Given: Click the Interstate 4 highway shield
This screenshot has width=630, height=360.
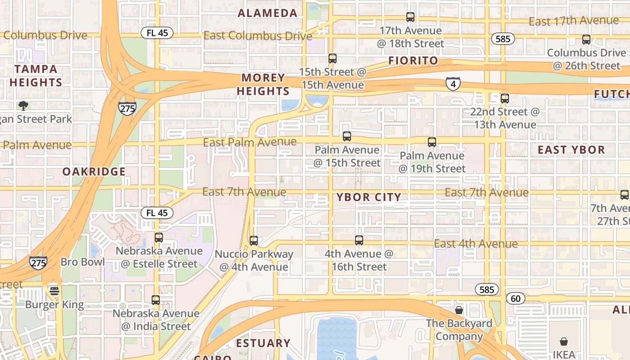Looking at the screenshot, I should pos(453,84).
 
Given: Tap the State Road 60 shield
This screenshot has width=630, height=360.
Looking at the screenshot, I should pos(516,298).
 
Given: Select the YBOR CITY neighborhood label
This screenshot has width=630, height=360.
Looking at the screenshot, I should pos(369,197).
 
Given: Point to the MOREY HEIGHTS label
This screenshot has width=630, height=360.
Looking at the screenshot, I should pos(263,85).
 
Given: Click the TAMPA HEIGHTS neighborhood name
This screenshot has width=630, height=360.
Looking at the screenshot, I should pos(36,76).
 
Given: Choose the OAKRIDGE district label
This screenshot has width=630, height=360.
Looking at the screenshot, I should pos(94,171).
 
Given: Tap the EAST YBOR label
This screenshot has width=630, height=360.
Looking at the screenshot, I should pos(571,150).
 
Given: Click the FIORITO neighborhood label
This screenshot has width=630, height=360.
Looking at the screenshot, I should pos(413,61).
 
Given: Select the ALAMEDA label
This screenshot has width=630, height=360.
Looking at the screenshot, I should pos(268,13).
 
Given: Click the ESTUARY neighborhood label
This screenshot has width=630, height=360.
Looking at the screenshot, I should pos(263,343).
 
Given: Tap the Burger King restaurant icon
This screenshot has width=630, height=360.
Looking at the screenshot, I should pos(54,291).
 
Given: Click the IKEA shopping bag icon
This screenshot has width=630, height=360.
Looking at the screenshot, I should pos(564,342).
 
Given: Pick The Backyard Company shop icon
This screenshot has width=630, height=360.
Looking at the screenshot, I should pos(459,310).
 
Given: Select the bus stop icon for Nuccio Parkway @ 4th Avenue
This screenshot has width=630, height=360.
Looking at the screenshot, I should pos(254,241).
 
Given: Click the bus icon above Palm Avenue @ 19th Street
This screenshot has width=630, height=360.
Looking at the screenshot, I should pos(432,142).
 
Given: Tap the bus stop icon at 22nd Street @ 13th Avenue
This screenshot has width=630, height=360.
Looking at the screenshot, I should pos(505,99).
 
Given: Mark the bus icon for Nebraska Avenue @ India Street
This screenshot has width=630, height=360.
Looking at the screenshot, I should pos(156,300).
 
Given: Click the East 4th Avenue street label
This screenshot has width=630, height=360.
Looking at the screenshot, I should pos(476,244).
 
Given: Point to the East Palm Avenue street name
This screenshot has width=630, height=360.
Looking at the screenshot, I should pos(250,143).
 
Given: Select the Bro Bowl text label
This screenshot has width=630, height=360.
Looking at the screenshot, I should pos(83,262).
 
